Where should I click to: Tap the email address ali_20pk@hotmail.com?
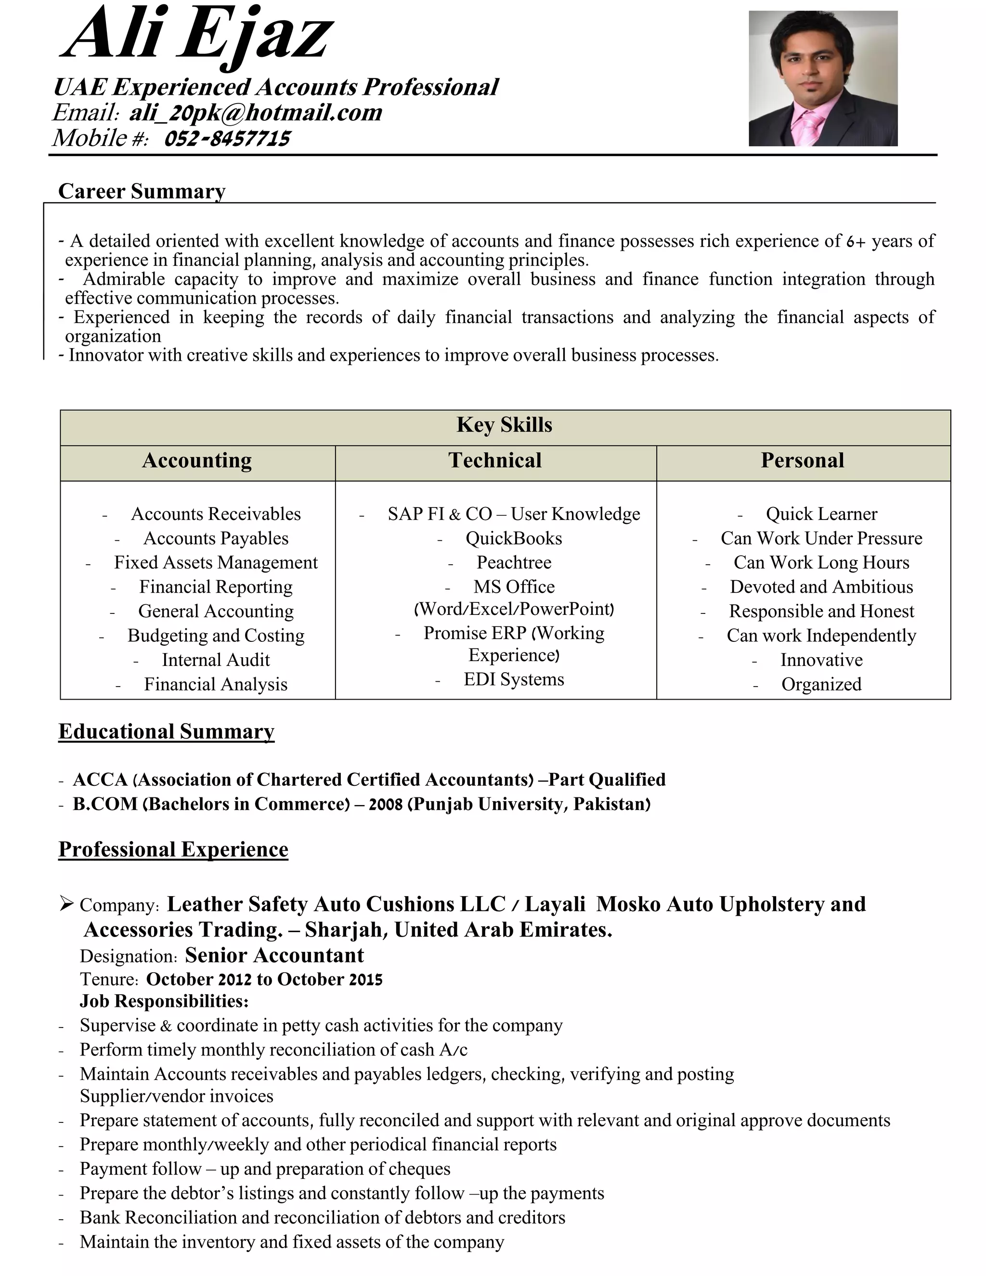point(255,112)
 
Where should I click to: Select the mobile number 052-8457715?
point(227,139)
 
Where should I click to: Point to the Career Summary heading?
point(142,191)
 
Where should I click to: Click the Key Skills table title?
point(504,425)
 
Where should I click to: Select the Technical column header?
point(495,460)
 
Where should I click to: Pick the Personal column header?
point(802,460)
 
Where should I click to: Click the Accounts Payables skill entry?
point(216,538)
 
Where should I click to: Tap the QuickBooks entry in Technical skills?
point(513,538)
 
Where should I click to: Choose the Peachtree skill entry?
point(513,562)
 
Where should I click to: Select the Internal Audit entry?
point(216,660)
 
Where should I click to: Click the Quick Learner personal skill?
point(821,514)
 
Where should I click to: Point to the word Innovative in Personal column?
point(821,660)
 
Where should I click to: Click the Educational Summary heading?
point(167,731)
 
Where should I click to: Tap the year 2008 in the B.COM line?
point(386,805)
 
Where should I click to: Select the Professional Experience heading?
point(173,849)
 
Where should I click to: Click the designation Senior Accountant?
point(274,955)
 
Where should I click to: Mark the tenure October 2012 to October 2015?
point(264,979)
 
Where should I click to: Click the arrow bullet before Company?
point(66,904)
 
